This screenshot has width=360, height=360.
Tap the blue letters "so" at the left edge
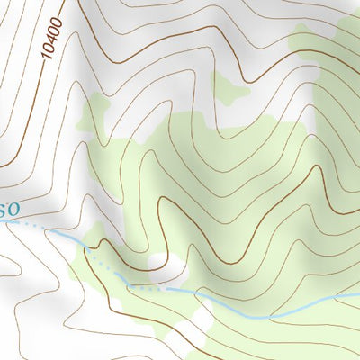pos(8,210)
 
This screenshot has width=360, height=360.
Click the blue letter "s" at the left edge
pos(4,210)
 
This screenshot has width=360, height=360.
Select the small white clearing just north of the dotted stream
pos(158,262)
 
